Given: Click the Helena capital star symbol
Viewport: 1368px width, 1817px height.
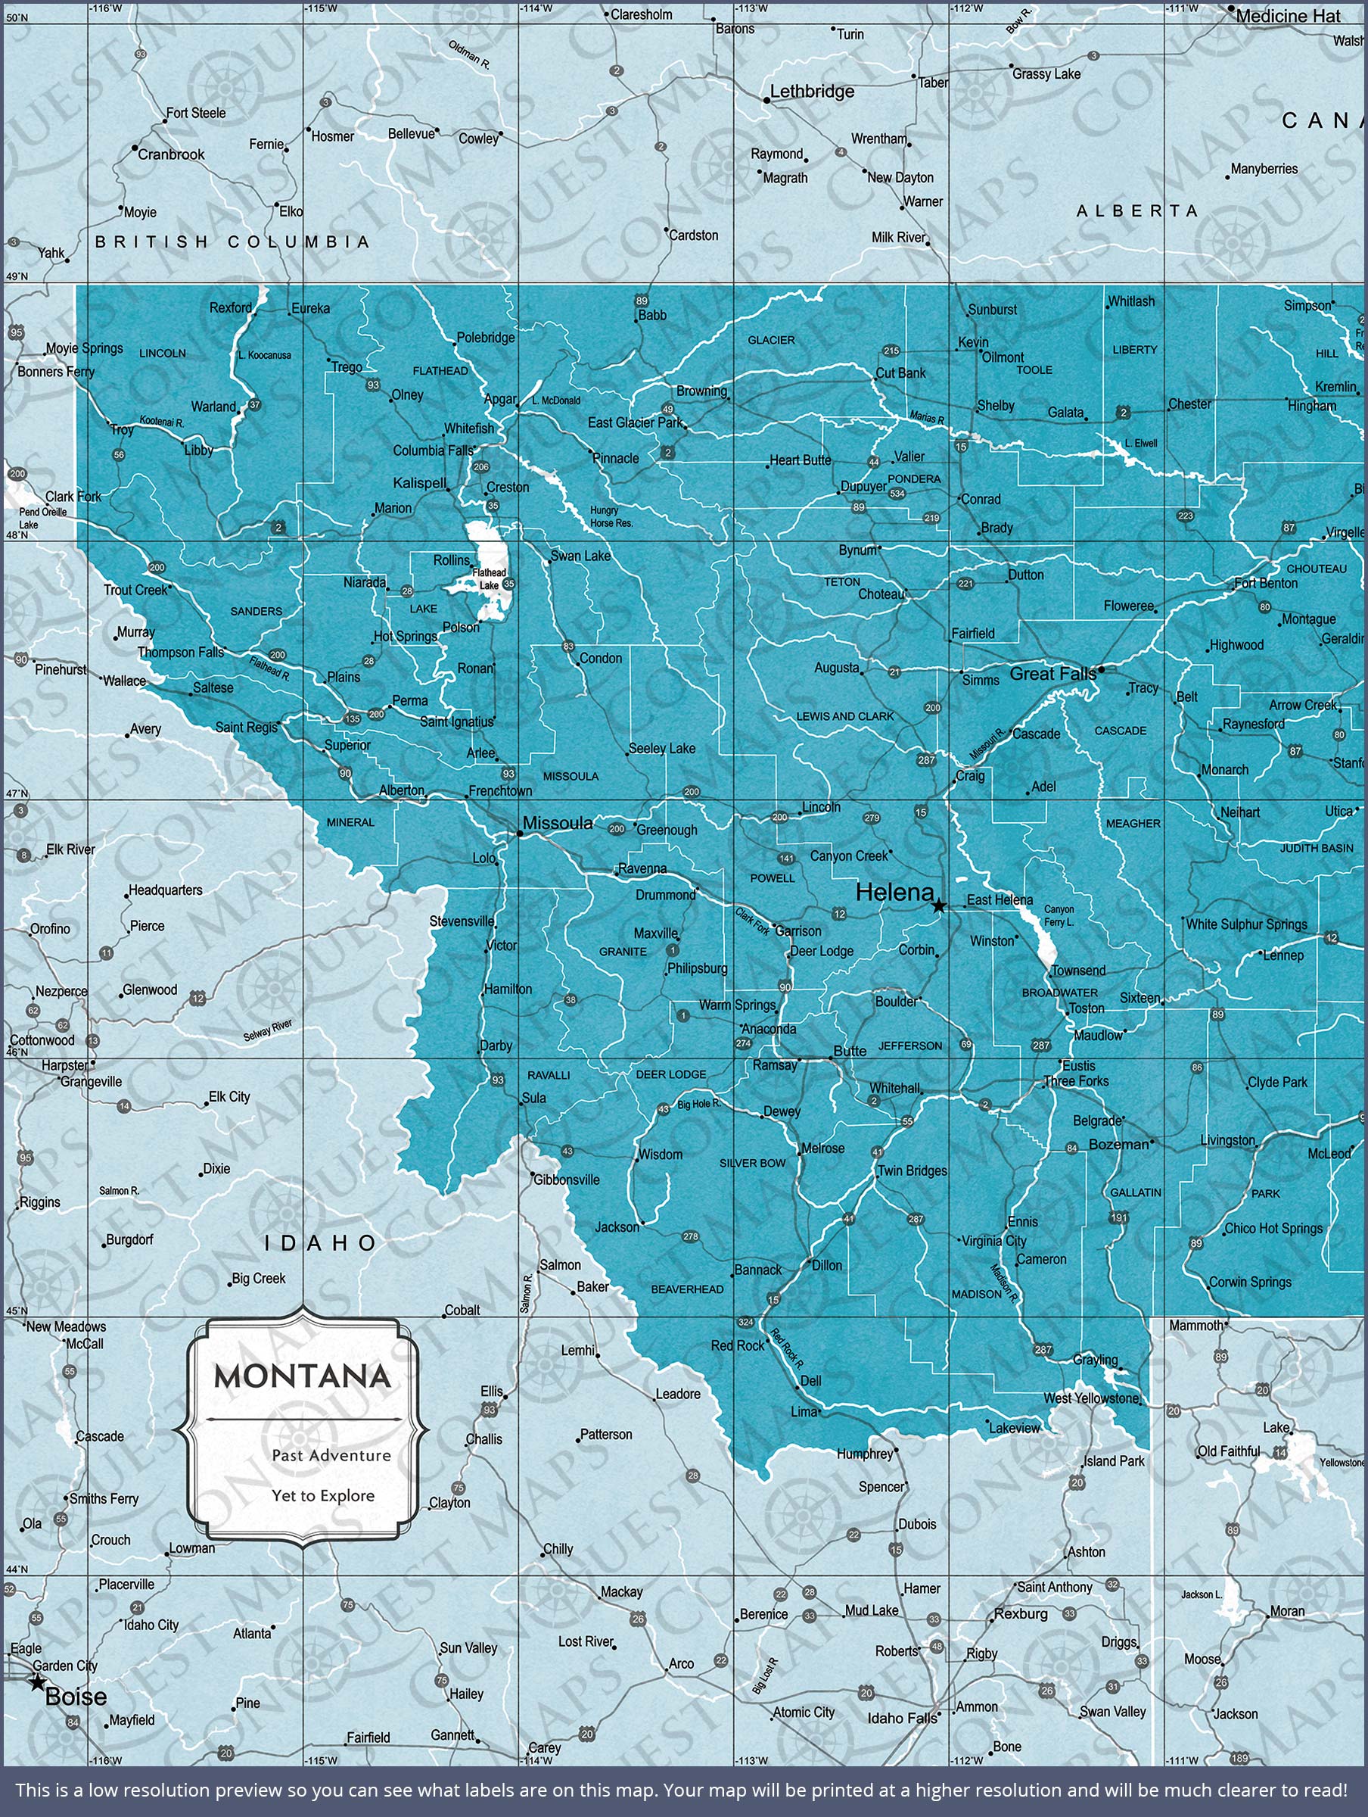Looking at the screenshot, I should tap(937, 906).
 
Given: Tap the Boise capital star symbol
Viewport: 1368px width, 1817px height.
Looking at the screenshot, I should tap(37, 1682).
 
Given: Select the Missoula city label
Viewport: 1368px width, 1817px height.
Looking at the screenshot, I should tap(558, 823).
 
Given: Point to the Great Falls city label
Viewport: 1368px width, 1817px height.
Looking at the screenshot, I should tap(1052, 674).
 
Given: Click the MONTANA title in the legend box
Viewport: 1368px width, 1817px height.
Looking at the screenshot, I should tap(302, 1376).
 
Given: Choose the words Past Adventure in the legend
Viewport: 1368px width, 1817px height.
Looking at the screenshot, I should tap(331, 1456).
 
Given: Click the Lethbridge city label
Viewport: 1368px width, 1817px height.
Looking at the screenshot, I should tap(811, 91).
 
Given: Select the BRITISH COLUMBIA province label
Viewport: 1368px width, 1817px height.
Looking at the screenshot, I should tap(232, 242).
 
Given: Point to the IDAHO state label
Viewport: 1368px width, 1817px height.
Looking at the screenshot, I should tap(320, 1243).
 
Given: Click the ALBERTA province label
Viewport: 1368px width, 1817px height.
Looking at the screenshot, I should tap(1136, 211).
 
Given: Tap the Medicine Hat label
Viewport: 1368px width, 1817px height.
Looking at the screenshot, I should tap(1288, 16).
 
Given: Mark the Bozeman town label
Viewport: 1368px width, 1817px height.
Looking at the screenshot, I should tap(1118, 1144).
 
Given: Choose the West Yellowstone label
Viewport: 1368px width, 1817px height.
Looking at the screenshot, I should tap(1091, 1398).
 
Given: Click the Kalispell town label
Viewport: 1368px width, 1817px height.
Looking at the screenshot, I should tap(420, 483).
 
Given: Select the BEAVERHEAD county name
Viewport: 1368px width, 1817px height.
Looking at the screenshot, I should tap(687, 1289).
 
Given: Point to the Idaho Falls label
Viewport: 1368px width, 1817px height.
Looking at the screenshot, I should tap(902, 1719).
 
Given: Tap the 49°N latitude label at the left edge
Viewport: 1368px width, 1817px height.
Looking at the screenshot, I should tap(17, 276).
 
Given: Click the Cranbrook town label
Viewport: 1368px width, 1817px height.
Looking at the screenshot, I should tap(171, 154).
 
